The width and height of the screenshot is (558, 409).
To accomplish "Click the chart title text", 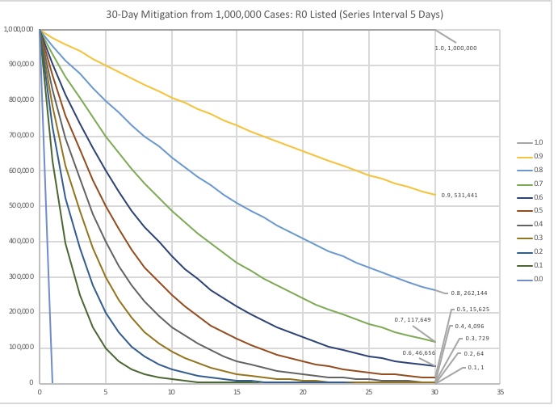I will pos(279,15).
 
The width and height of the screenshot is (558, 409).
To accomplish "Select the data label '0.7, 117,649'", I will pos(413,319).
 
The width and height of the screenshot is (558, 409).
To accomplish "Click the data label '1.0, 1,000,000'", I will pos(456,48).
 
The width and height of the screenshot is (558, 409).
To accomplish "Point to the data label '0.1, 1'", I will pos(479,368).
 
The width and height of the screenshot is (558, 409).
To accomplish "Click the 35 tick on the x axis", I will pos(500,391).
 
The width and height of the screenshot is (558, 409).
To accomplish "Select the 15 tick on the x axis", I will pos(237,391).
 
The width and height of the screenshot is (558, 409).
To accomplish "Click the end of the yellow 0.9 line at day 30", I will pos(434,195).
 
